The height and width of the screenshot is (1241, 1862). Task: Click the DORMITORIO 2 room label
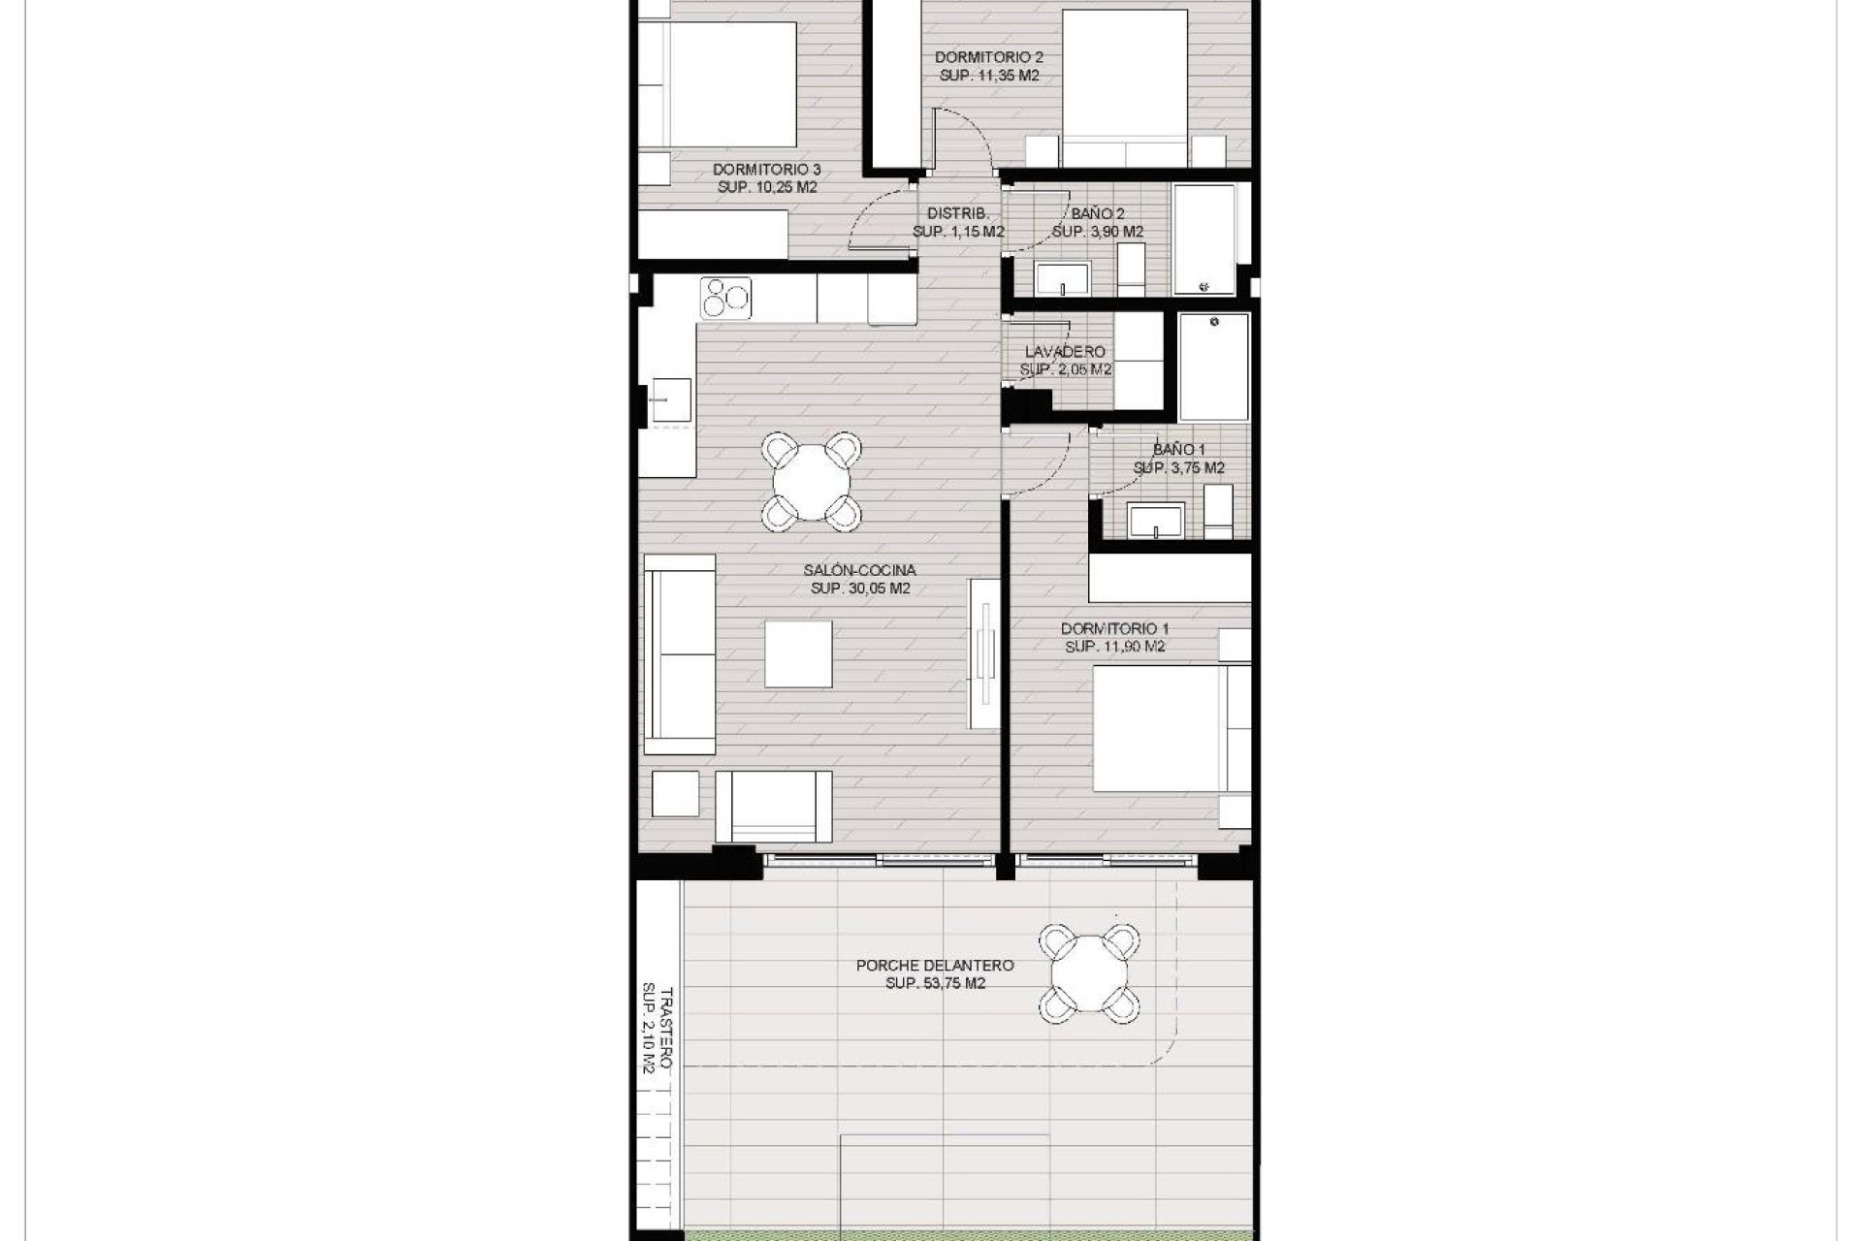[988, 57]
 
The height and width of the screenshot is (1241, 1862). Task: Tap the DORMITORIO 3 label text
[766, 170]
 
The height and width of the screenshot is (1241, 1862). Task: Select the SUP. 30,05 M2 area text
[860, 589]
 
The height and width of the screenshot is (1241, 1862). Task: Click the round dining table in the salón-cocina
[813, 482]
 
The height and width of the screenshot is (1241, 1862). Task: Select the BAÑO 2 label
[1098, 213]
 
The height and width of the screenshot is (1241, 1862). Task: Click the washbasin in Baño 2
[1062, 279]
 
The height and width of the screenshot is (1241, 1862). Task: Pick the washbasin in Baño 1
[1156, 520]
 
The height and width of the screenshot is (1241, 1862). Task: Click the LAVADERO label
[1065, 352]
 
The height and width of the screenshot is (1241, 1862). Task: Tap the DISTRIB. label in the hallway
[957, 213]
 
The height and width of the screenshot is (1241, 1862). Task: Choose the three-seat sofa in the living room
[679, 654]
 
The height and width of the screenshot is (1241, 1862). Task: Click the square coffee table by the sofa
[798, 654]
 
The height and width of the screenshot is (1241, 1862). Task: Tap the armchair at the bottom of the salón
[773, 807]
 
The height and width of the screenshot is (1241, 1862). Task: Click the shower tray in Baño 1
[1213, 367]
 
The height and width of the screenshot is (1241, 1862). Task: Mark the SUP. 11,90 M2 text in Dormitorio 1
[1113, 647]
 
